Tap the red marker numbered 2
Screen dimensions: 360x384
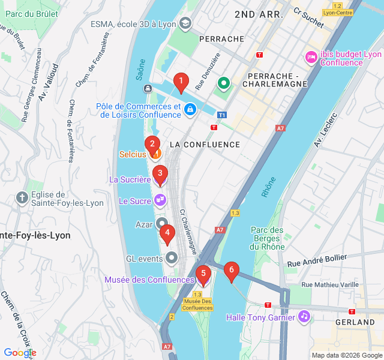(x=152, y=145)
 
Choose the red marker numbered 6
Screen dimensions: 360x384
(x=231, y=270)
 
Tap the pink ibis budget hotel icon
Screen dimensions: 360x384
(x=311, y=58)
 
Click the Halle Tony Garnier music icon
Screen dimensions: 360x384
(x=304, y=316)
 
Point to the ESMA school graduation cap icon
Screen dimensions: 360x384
(x=185, y=23)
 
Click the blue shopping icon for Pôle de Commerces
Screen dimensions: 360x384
(x=190, y=109)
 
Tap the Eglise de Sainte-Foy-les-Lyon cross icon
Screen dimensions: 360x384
(x=22, y=197)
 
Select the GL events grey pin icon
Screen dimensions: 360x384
(x=172, y=259)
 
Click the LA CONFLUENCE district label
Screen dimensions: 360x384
(x=205, y=145)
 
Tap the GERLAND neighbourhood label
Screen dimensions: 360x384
(x=355, y=322)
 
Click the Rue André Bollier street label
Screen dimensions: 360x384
(x=317, y=260)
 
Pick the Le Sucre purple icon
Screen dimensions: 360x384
(x=160, y=200)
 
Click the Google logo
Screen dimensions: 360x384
(x=20, y=353)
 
